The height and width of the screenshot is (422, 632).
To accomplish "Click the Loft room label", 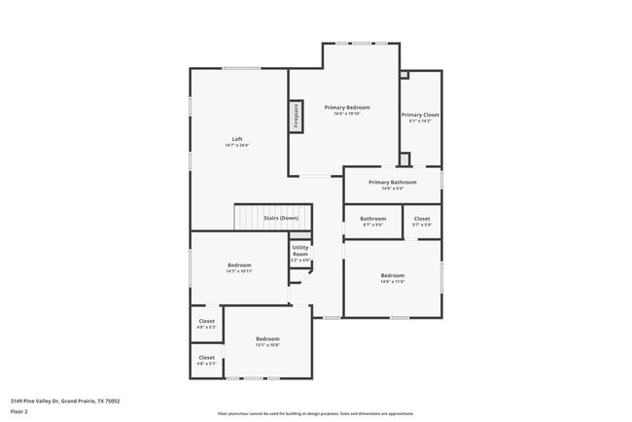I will pyautogui.click(x=237, y=139).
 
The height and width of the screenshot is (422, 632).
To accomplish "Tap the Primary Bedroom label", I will pyautogui.click(x=346, y=107).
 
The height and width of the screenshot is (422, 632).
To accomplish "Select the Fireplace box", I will pyautogui.click(x=296, y=117).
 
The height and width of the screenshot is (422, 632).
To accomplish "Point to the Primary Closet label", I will pyautogui.click(x=420, y=115).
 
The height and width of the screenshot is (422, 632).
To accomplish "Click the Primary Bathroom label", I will pyautogui.click(x=392, y=182).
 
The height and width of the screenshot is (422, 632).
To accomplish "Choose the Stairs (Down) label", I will pyautogui.click(x=281, y=218).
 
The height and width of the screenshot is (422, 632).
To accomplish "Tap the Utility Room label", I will pyautogui.click(x=300, y=250).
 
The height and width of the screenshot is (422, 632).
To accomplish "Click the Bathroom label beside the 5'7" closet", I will pyautogui.click(x=372, y=219).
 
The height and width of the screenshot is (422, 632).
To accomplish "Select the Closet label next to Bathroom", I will pyautogui.click(x=422, y=219).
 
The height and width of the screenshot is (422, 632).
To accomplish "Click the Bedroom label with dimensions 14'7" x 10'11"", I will pyautogui.click(x=239, y=265).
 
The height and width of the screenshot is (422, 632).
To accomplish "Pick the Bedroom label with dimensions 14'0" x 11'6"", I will pyautogui.click(x=393, y=276).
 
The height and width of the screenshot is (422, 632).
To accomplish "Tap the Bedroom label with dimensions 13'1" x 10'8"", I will pyautogui.click(x=267, y=338).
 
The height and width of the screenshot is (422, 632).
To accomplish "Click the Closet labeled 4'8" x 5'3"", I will pyautogui.click(x=207, y=321).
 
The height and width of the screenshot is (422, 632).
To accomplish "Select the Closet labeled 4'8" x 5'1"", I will pyautogui.click(x=207, y=357).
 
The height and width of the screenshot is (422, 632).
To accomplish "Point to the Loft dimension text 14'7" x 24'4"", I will pyautogui.click(x=237, y=146).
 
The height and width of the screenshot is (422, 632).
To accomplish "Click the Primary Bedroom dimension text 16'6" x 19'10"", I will pyautogui.click(x=346, y=114).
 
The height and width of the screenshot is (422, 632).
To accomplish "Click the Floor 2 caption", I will pyautogui.click(x=19, y=411).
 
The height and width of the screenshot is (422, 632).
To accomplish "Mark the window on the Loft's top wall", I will pyautogui.click(x=240, y=68).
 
